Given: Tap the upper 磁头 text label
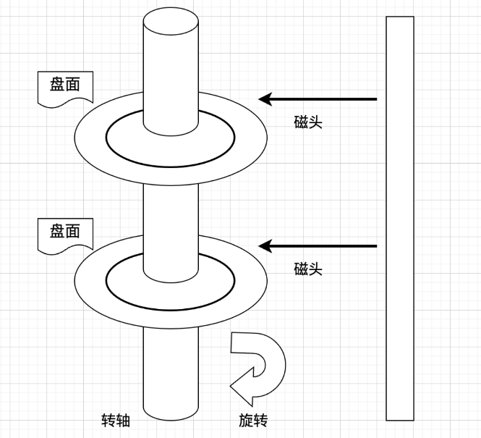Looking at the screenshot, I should [308, 122].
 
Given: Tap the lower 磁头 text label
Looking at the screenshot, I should [308, 269].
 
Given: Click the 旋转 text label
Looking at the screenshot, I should [253, 420].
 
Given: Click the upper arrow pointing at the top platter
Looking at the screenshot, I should [318, 98].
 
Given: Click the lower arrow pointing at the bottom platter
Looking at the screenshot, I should [318, 246].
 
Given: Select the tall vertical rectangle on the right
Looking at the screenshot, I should [399, 217].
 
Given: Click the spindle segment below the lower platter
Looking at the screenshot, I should [171, 369].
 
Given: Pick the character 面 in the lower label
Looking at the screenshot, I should [72, 231].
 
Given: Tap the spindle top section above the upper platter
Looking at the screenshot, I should [171, 72].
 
